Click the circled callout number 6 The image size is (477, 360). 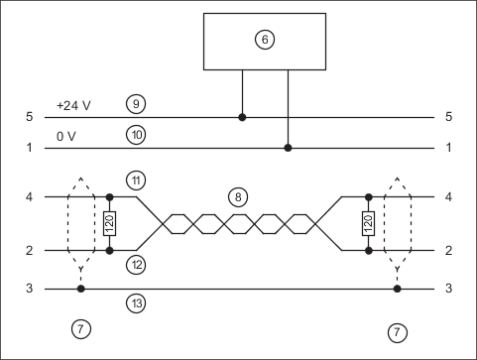[265, 40]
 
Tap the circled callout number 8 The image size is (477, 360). [238, 197]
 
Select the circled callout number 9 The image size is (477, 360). [136, 104]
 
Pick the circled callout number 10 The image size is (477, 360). [136, 135]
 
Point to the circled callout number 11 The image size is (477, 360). [136, 180]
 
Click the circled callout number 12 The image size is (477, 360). [136, 265]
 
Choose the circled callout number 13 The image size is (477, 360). [136, 302]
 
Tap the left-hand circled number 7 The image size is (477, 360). [81, 329]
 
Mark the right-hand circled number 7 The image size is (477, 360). [397, 332]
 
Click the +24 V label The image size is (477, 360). [73, 106]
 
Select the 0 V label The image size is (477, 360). [66, 136]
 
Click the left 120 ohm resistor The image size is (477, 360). [109, 223]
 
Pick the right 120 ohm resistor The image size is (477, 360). [369, 223]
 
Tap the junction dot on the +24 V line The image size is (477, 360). [242, 117]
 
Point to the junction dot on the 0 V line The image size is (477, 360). [288, 148]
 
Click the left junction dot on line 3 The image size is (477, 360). [81, 289]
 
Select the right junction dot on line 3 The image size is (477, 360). [397, 289]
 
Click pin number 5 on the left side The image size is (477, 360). [30, 117]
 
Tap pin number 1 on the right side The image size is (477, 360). [448, 148]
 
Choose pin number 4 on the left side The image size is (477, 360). [30, 197]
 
